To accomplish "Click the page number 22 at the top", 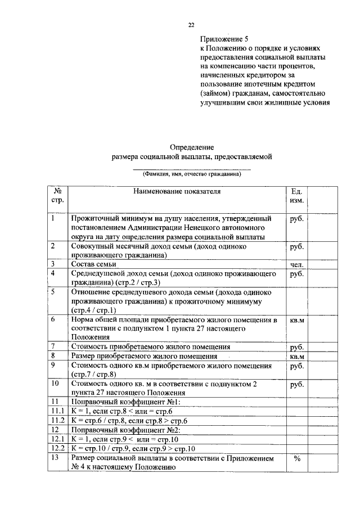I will coord(191,25).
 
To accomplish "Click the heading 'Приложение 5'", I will coord(224,39).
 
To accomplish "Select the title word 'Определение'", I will coord(191,147).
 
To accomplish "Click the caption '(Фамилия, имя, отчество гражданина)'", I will coord(191,174).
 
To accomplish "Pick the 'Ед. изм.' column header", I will coord(296,196).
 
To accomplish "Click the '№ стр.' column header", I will coord(57,196).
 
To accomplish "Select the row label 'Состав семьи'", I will coord(93,264).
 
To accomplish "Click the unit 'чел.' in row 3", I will coord(297,264).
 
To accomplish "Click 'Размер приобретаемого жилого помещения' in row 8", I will coord(144,356).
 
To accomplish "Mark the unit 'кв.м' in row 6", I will coord(296,321).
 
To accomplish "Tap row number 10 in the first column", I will coord(55,384).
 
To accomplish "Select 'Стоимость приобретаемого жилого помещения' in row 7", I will coord(150,347).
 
